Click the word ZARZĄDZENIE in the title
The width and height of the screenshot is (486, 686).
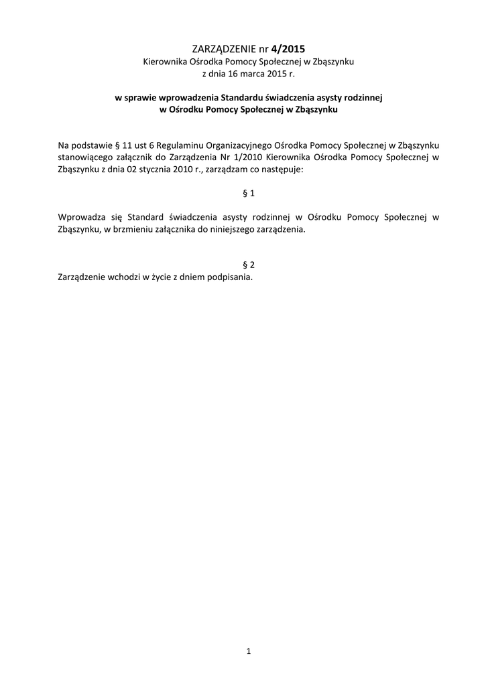pos(224,49)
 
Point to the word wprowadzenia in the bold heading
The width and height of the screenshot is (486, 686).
pos(188,97)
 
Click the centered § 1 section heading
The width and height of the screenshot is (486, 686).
pos(248,194)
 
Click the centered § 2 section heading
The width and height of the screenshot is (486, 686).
pos(248,265)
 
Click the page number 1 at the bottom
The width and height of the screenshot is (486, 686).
pos(248,650)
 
